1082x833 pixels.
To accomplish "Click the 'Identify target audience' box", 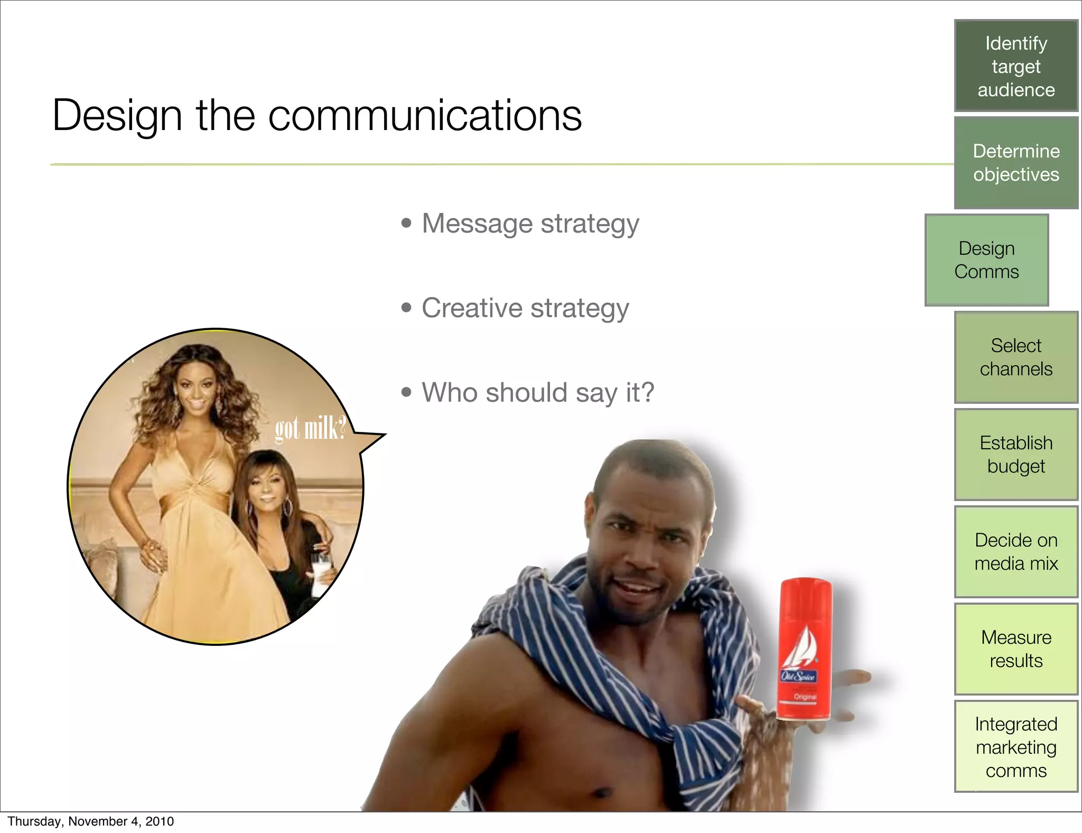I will click(1015, 66).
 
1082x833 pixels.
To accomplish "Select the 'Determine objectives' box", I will click(1015, 163).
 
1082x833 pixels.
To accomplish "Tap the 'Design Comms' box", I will click(986, 260).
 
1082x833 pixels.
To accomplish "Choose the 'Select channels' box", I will click(1015, 357).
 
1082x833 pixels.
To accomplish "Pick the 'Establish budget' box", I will click(1015, 455).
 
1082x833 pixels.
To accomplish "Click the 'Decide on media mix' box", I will click(1015, 552).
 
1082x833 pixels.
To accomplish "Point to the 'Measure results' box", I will click(1015, 649).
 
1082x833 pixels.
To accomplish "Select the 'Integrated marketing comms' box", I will click(1015, 747).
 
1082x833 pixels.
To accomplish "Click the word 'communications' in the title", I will click(425, 116).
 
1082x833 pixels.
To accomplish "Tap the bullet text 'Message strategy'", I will click(530, 224).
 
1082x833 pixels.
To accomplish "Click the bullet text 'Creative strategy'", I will click(525, 308).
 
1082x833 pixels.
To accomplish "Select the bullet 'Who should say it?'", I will click(537, 393).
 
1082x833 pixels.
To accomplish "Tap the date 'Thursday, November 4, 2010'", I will click(90, 821).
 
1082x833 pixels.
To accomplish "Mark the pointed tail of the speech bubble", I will click(378, 438).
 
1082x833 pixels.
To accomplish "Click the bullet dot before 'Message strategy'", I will click(406, 223).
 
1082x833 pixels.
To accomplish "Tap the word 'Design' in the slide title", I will click(117, 116).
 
